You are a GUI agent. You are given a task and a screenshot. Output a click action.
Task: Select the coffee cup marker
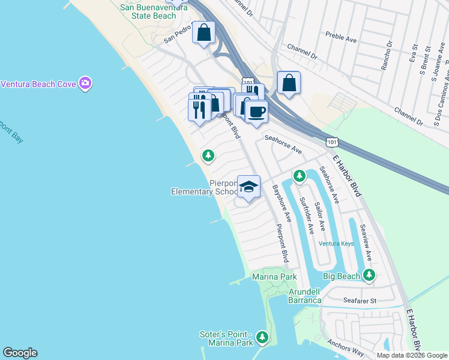256,112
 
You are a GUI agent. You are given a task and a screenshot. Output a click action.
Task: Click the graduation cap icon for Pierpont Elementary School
248,187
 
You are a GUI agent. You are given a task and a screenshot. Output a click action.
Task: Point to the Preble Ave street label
340,37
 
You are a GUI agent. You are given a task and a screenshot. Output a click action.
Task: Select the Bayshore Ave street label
282,203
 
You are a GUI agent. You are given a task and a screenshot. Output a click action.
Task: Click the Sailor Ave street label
321,217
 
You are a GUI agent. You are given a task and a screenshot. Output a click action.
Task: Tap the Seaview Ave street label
366,242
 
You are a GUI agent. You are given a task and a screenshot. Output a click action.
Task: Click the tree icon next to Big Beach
369,275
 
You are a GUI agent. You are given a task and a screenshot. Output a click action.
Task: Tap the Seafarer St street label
360,301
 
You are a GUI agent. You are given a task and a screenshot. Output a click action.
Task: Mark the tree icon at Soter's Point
262,338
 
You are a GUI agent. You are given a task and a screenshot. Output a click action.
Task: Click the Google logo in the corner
20,353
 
